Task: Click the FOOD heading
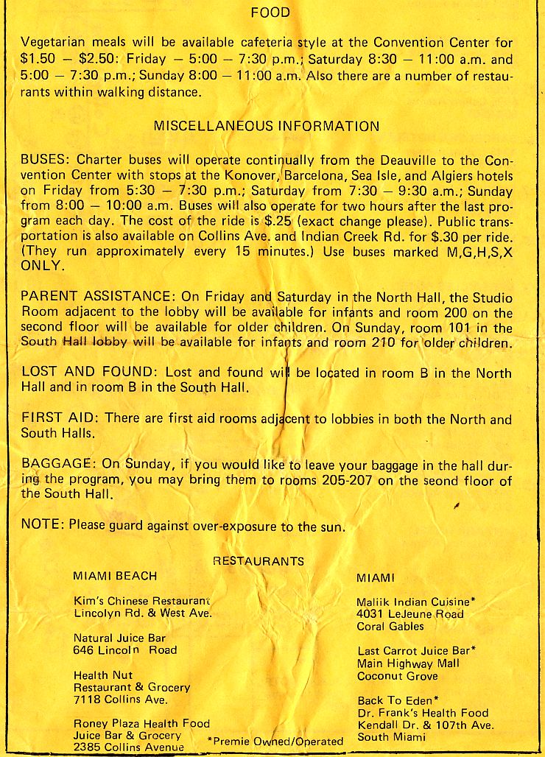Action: point(270,13)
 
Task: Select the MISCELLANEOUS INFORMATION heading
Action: point(266,126)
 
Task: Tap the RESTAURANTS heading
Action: point(258,561)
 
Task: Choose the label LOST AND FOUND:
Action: point(91,373)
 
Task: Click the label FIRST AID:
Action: point(61,418)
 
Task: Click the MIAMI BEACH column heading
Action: point(115,576)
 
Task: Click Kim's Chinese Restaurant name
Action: point(142,600)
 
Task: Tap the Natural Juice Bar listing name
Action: point(120,638)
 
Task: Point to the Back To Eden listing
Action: point(398,700)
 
